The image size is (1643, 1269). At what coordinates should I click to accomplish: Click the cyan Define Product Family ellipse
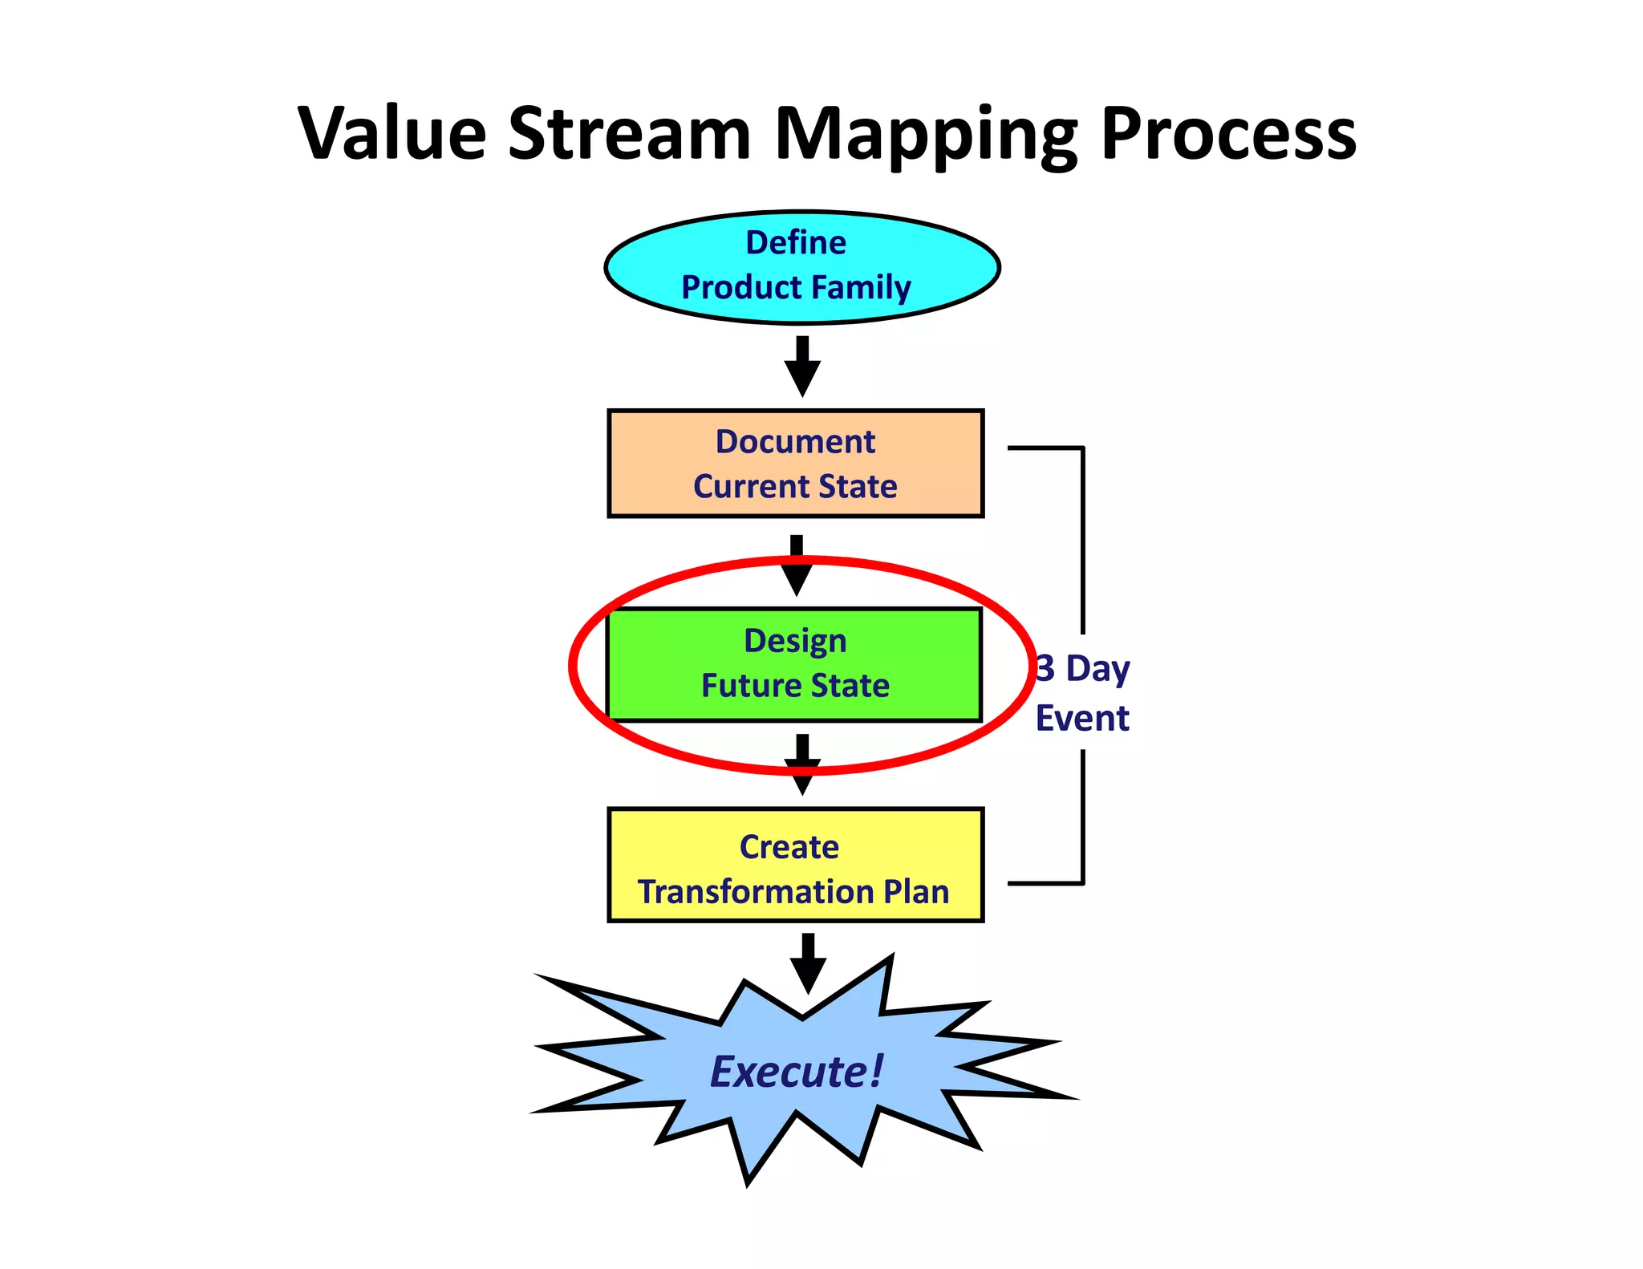801,267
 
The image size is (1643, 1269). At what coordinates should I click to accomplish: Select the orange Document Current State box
795,464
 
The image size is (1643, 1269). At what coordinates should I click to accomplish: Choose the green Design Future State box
794,664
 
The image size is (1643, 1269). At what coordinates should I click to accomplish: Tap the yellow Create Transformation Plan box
795,865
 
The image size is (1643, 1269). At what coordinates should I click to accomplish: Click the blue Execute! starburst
797,1071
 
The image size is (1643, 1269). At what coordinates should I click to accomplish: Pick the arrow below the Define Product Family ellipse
802,366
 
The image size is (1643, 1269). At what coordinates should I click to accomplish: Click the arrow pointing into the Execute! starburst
808,963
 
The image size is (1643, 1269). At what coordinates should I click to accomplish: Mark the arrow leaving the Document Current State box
797,566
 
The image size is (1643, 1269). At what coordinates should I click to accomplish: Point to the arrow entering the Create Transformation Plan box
802,764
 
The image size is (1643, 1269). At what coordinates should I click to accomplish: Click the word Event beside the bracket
1082,718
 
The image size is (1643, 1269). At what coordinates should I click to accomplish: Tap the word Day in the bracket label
1097,669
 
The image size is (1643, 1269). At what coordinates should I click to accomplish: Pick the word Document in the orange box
795,441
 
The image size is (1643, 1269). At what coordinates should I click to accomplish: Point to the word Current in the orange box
751,486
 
